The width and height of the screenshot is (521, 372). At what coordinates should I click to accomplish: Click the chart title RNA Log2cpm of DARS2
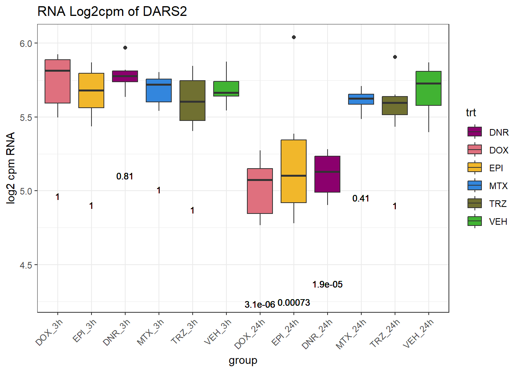[x=112, y=12]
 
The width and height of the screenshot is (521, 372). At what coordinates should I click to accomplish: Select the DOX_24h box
[x=260, y=191]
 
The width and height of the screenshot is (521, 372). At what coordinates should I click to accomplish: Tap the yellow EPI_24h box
[x=294, y=171]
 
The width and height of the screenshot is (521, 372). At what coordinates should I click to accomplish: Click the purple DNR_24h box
[x=328, y=174]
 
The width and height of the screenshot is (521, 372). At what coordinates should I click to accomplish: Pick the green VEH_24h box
[x=428, y=88]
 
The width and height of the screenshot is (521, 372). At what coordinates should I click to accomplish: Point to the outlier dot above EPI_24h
[x=294, y=37]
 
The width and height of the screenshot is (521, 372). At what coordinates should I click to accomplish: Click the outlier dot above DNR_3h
[x=125, y=48]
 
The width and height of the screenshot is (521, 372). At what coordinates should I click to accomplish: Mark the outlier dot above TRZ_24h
[x=395, y=57]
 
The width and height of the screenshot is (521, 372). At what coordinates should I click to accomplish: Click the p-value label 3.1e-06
[x=260, y=305]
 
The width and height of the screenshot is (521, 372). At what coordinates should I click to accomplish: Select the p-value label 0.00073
[x=294, y=303]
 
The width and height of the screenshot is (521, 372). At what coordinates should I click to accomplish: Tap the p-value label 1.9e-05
[x=328, y=284]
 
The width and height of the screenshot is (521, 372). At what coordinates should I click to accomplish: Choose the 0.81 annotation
[x=125, y=176]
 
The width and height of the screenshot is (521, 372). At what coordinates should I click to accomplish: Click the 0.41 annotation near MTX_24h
[x=361, y=198]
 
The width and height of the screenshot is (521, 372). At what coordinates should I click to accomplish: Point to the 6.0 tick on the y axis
[x=26, y=43]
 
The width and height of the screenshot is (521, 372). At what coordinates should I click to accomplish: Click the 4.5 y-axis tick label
[x=26, y=265]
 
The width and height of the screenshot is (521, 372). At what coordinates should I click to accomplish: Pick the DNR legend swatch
[x=475, y=132]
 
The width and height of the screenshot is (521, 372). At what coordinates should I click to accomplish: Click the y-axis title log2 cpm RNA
[x=11, y=168]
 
